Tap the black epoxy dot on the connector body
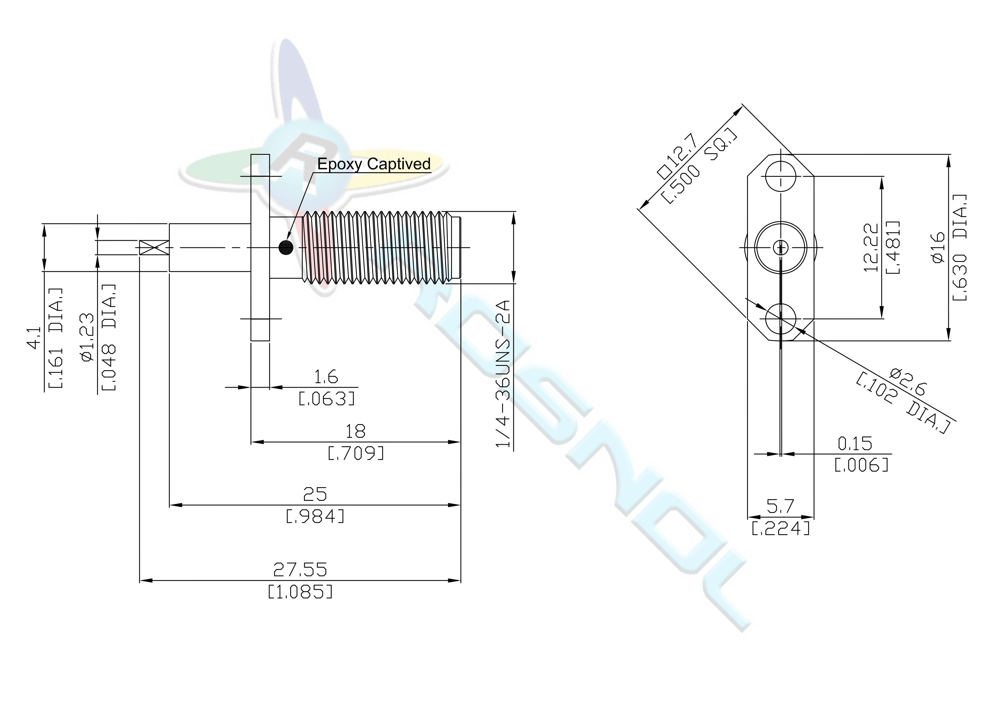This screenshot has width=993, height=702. click(x=286, y=247)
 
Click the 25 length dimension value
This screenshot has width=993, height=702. click(x=315, y=494)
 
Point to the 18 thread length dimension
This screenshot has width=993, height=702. click(x=355, y=431)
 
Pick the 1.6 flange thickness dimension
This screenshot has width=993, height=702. click(x=326, y=377)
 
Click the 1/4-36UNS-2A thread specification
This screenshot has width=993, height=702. click(x=504, y=374)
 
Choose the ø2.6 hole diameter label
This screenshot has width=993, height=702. click(x=907, y=382)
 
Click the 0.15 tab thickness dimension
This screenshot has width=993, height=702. click(x=855, y=444)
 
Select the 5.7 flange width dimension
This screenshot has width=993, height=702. click(x=781, y=506)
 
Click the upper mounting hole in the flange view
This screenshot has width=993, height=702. click(x=781, y=177)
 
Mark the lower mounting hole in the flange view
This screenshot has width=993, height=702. click(x=781, y=319)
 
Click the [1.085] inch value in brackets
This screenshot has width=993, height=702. click(x=301, y=591)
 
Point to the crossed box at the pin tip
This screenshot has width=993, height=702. click(x=154, y=247)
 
